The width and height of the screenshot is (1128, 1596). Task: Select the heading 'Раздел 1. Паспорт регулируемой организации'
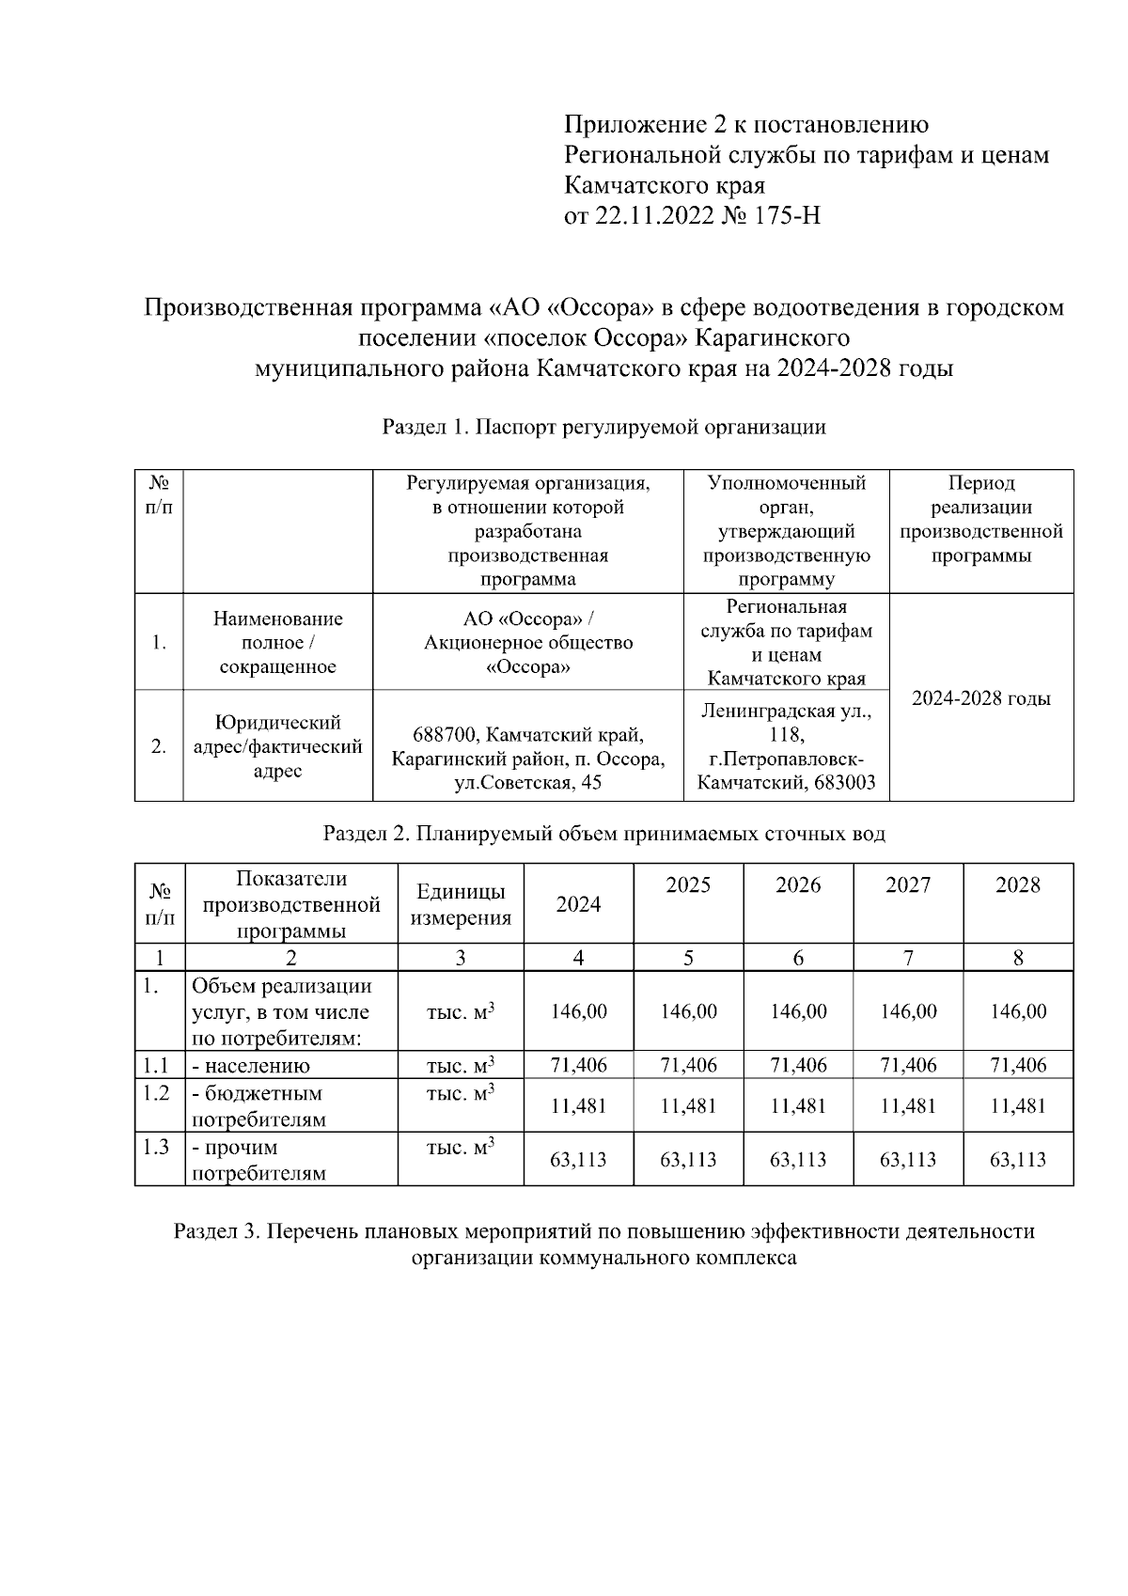[603, 428]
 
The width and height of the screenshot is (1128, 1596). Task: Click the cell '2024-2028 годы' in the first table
[980, 698]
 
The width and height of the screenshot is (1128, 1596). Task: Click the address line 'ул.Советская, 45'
[527, 783]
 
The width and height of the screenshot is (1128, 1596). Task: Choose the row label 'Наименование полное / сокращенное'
[277, 643]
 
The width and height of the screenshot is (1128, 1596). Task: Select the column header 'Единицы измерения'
[460, 904]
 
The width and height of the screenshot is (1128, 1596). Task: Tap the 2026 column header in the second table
[797, 885]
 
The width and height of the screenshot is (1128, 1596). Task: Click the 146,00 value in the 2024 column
[578, 1011]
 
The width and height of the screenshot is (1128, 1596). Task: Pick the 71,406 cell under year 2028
[1017, 1065]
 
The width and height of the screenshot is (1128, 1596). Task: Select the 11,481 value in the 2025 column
[688, 1106]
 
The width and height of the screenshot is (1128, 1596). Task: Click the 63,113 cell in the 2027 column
[907, 1160]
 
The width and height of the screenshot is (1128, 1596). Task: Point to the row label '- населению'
[251, 1066]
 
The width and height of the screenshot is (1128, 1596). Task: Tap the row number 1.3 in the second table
[156, 1148]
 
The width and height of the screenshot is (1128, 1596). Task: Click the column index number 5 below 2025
[688, 958]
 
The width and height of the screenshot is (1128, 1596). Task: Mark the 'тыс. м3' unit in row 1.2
[460, 1094]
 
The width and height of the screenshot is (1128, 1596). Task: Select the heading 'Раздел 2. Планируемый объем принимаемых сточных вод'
[603, 834]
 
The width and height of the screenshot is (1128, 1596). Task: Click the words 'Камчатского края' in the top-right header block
[664, 185]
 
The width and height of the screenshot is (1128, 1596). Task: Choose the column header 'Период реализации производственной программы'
[980, 519]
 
